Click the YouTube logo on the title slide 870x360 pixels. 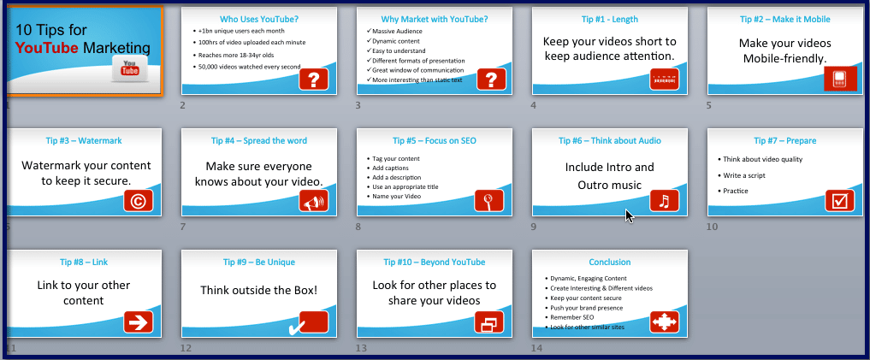130,68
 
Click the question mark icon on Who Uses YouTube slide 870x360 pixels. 313,80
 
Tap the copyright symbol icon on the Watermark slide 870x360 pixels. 139,201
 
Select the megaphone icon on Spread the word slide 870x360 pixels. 313,201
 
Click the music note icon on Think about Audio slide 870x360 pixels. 664,201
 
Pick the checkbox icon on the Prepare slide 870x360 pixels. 839,201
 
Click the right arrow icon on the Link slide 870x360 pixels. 139,322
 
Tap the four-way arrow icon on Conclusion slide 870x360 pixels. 664,322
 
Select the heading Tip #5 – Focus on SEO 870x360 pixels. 435,141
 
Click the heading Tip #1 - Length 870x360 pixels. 610,20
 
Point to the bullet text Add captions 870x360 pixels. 391,168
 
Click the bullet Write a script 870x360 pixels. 744,175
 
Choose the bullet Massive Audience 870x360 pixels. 397,31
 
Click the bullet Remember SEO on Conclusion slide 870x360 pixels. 571,317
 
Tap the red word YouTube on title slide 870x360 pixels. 47,48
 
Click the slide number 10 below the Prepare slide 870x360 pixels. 712,227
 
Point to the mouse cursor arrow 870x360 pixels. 630,215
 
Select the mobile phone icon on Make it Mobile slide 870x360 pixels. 839,79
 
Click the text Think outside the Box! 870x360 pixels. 259,290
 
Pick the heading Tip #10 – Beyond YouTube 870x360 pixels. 435,263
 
